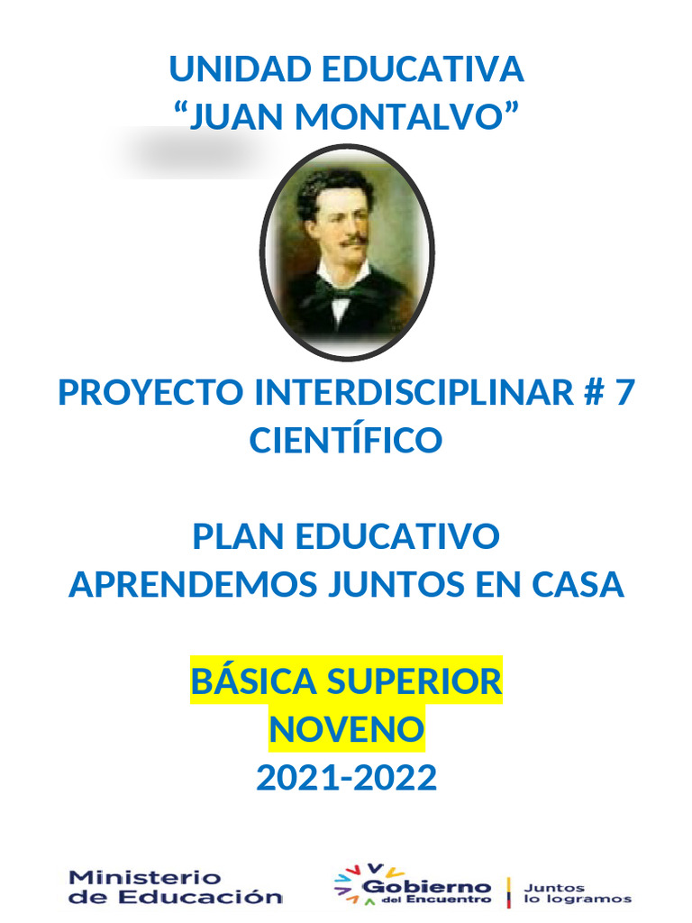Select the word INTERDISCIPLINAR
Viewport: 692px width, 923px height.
(x=414, y=392)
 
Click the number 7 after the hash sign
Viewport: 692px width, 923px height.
(x=624, y=392)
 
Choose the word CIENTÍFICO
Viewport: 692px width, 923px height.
(x=346, y=441)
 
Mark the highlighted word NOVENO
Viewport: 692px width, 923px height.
(x=346, y=728)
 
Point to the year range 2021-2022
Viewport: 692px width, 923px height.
(x=346, y=777)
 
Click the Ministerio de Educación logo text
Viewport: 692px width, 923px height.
(x=176, y=886)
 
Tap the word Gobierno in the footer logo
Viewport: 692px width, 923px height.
(x=426, y=887)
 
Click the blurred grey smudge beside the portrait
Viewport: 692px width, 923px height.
(x=189, y=152)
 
